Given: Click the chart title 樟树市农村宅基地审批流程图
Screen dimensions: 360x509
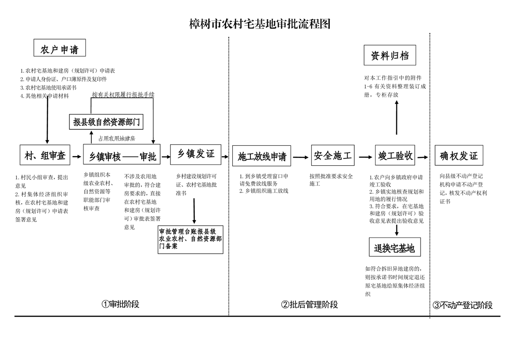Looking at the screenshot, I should (259, 24).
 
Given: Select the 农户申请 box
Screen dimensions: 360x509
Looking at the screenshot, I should (59, 48).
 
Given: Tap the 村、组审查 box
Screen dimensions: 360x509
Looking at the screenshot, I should (45, 156).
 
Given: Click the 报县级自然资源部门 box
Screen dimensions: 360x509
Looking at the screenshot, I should (106, 122).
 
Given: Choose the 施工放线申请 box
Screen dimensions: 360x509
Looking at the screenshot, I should (262, 157).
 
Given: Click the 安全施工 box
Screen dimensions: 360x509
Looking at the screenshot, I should (333, 156).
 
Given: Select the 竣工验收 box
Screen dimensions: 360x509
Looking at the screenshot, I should (396, 156).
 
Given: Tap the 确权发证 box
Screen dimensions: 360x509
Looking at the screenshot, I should (459, 156).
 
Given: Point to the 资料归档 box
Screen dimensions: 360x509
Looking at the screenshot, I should (390, 56).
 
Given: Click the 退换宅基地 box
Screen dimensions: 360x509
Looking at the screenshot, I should (394, 248).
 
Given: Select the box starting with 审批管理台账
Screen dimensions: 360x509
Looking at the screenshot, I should (191, 239).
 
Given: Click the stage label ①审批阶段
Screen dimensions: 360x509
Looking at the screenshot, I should (120, 304).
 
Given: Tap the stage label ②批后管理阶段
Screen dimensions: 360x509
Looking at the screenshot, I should (309, 305).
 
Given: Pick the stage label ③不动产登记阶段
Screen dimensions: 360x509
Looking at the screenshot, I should (462, 305).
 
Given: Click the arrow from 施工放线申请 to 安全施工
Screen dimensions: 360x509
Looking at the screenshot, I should (300, 157).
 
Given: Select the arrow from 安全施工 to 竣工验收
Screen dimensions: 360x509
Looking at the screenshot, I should (365, 157).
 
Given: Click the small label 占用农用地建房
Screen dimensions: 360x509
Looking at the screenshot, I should (117, 138).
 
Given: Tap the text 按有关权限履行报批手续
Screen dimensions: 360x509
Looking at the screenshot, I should (123, 95).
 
